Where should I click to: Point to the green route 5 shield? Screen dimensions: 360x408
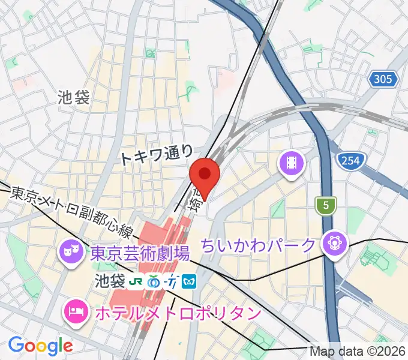coord(326,206)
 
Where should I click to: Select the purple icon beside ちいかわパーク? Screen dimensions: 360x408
coord(334,244)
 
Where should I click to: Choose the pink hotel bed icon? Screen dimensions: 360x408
coord(76,311)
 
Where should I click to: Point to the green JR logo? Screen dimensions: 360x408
coord(138,281)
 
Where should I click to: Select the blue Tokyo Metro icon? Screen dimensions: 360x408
coord(190,281)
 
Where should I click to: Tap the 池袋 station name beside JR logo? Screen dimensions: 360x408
coord(110,281)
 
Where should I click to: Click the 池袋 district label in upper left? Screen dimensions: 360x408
coord(74,97)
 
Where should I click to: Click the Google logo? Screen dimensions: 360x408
coord(40,346)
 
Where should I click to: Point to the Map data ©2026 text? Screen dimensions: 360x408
coord(358,352)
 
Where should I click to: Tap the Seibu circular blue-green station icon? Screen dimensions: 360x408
coord(155,281)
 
